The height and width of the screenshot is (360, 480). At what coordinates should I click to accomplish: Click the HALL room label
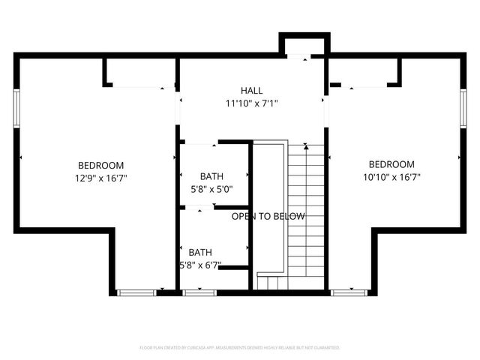pyautogui.click(x=251, y=91)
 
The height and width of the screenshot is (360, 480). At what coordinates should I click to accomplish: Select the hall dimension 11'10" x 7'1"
pyautogui.click(x=251, y=103)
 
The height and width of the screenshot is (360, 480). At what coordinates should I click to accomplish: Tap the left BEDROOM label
pyautogui.click(x=100, y=165)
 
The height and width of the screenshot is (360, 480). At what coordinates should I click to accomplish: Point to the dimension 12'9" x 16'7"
pyautogui.click(x=100, y=178)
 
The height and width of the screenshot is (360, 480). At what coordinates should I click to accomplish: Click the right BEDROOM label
pyautogui.click(x=391, y=164)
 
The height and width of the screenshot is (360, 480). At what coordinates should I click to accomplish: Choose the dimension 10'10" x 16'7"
pyautogui.click(x=391, y=178)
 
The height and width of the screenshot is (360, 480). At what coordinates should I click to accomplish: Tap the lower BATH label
pyautogui.click(x=200, y=252)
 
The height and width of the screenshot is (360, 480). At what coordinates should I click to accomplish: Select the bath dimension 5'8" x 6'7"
pyautogui.click(x=200, y=265)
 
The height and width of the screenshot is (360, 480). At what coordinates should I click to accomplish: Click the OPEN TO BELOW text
pyautogui.click(x=268, y=217)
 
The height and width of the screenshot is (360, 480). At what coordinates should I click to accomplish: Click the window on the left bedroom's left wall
pyautogui.click(x=16, y=106)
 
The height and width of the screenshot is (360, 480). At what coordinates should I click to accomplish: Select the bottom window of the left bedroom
pyautogui.click(x=135, y=292)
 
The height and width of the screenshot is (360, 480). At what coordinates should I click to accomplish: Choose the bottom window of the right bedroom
pyautogui.click(x=346, y=292)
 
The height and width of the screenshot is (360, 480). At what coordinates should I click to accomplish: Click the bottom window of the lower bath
pyautogui.click(x=199, y=292)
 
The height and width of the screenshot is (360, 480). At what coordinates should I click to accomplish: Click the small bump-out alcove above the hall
pyautogui.click(x=304, y=46)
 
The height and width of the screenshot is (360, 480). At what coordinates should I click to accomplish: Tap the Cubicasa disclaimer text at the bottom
pyautogui.click(x=240, y=348)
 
